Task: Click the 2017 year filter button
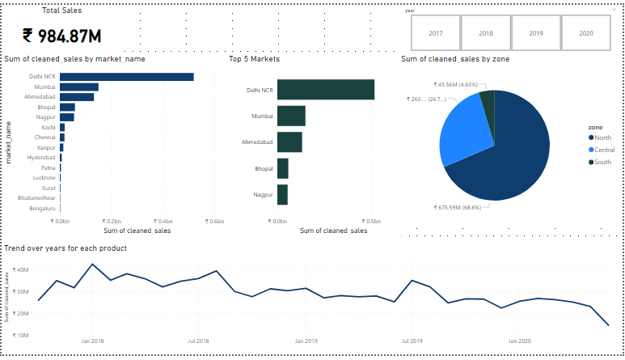pyautogui.click(x=436, y=33)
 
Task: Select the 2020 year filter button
pyautogui.click(x=586, y=33)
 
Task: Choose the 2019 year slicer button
pyautogui.click(x=536, y=33)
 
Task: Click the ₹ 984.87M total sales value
pyautogui.click(x=61, y=36)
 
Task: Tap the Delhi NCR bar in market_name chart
pyautogui.click(x=126, y=77)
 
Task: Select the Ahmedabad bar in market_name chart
pyautogui.click(x=77, y=97)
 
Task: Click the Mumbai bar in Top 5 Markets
pyautogui.click(x=291, y=116)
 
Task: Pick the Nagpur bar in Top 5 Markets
pyautogui.click(x=282, y=195)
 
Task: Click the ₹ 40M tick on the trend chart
pyautogui.click(x=21, y=270)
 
